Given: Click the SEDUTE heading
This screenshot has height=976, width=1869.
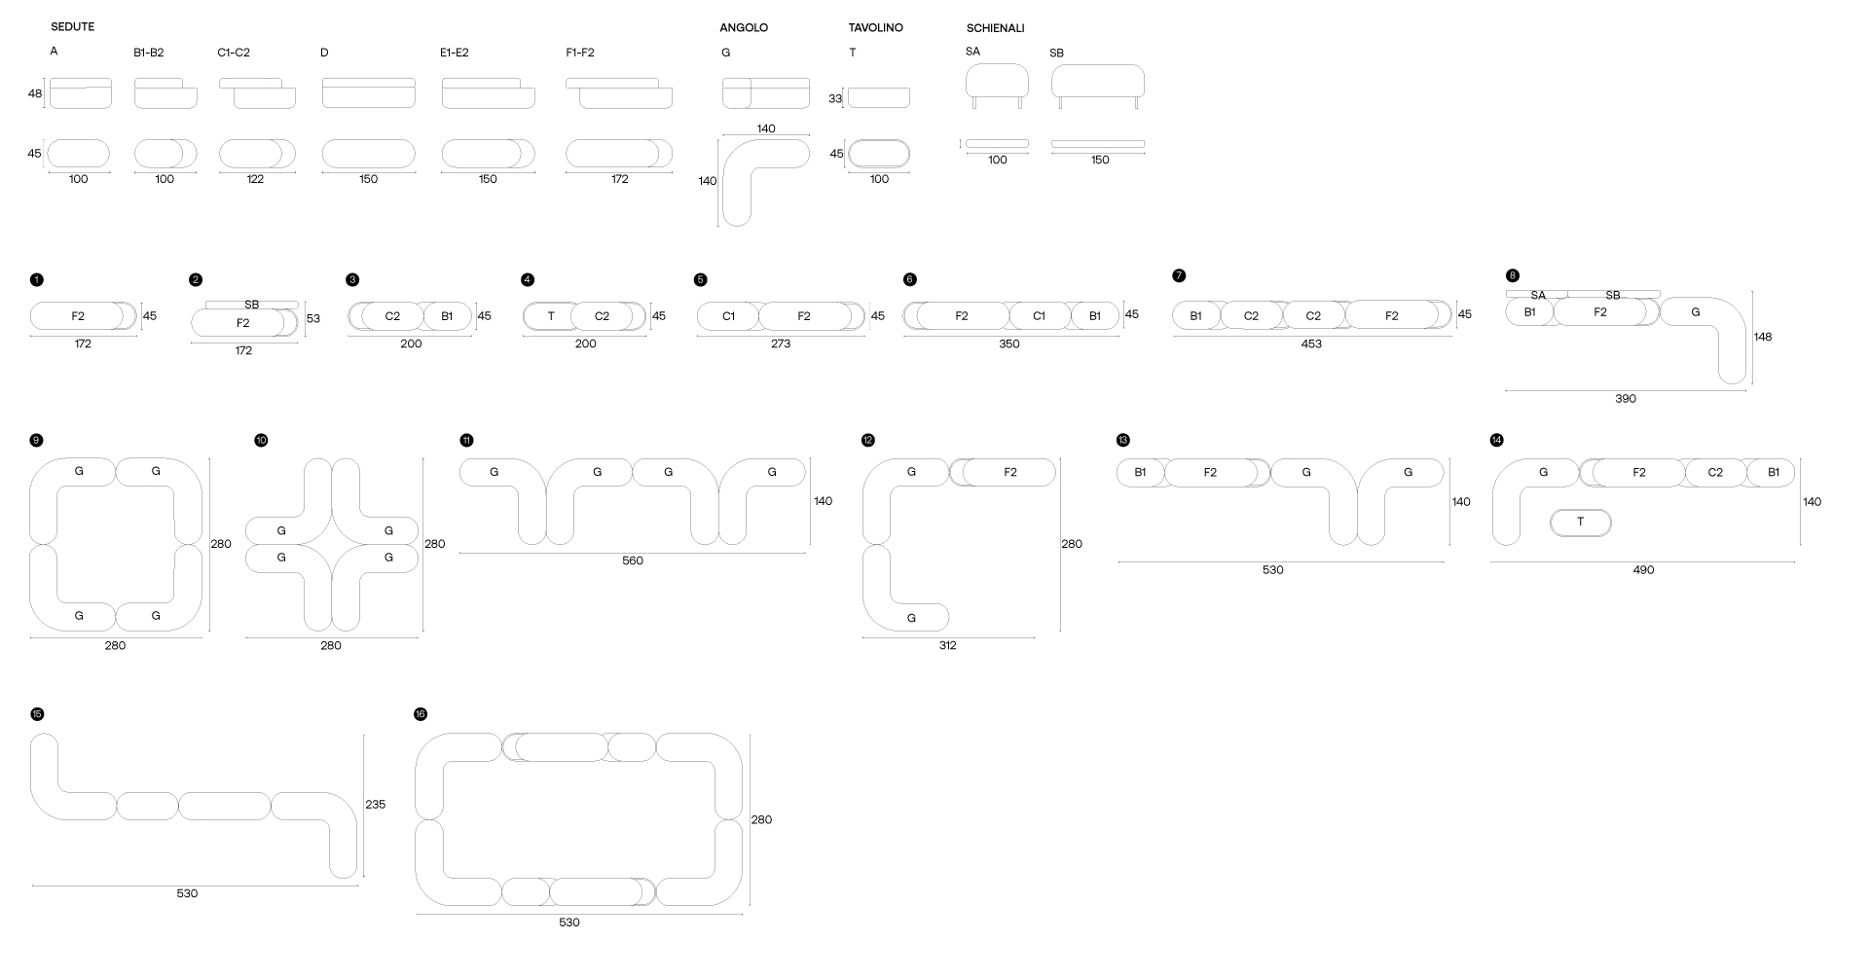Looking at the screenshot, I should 73,27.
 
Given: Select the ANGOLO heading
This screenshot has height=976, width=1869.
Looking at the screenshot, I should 744,28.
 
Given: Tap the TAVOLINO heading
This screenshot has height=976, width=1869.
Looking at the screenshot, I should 875,28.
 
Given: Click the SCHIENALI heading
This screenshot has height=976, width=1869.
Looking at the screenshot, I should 995,28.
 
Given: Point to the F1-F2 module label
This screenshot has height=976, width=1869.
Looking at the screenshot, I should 580,53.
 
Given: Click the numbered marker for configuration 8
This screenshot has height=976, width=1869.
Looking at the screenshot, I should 1512,275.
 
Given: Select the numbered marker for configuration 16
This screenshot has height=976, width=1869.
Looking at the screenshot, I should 421,714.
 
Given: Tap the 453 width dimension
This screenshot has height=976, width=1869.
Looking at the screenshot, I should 1311,344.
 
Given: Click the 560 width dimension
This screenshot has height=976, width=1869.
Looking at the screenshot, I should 633,561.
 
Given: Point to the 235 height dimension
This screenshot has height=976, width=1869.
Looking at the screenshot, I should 376,805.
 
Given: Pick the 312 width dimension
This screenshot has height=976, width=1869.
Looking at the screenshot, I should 948,646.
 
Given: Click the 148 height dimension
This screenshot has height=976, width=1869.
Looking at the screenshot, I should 1763,338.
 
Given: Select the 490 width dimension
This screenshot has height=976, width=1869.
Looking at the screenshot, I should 1643,570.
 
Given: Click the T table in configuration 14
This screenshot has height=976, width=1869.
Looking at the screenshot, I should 1580,523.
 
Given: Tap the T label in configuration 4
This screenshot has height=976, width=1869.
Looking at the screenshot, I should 551,316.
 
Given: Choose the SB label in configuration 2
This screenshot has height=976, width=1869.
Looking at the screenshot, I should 252,305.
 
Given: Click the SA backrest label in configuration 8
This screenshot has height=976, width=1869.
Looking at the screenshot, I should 1538,295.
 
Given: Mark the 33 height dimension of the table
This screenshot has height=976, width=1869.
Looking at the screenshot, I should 835,98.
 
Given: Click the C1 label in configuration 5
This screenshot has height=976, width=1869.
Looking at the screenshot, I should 729,316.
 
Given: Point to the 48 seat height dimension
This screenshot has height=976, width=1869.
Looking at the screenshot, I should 35,94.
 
